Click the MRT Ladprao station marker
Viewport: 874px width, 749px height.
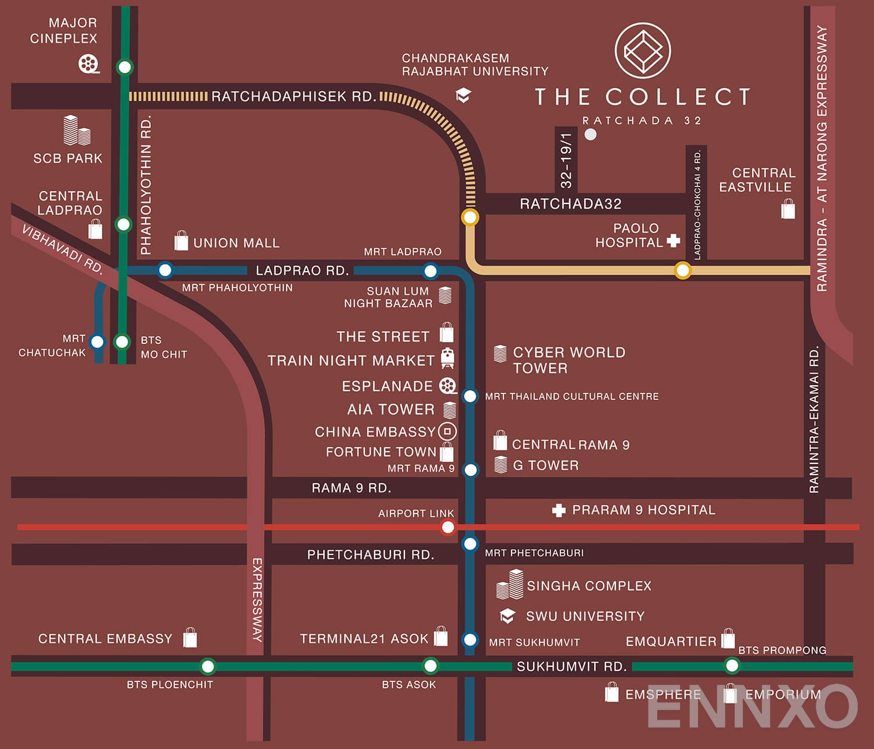point(431,270)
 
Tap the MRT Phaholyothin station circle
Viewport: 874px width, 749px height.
point(165,270)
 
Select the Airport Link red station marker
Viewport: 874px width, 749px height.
point(447,528)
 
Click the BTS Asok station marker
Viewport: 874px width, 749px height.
point(430,666)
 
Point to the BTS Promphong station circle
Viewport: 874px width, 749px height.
point(732,665)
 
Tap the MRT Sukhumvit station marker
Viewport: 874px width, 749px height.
point(470,639)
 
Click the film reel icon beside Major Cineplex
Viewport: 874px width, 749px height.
point(89,64)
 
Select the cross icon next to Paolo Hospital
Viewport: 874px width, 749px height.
point(674,240)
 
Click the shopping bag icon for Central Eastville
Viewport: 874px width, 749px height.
point(788,209)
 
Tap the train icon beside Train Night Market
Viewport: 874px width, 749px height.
point(447,358)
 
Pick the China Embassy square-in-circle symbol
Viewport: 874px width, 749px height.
point(447,431)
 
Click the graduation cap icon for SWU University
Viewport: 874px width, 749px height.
point(508,616)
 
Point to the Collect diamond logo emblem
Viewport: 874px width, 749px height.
point(643,51)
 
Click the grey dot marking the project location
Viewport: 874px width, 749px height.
point(591,135)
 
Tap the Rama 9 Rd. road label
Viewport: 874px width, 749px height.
point(351,488)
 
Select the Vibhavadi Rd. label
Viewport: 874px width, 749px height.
point(62,249)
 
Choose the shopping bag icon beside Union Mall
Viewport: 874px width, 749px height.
point(181,241)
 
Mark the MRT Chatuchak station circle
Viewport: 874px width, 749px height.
point(97,342)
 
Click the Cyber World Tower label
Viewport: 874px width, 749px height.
point(568,360)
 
